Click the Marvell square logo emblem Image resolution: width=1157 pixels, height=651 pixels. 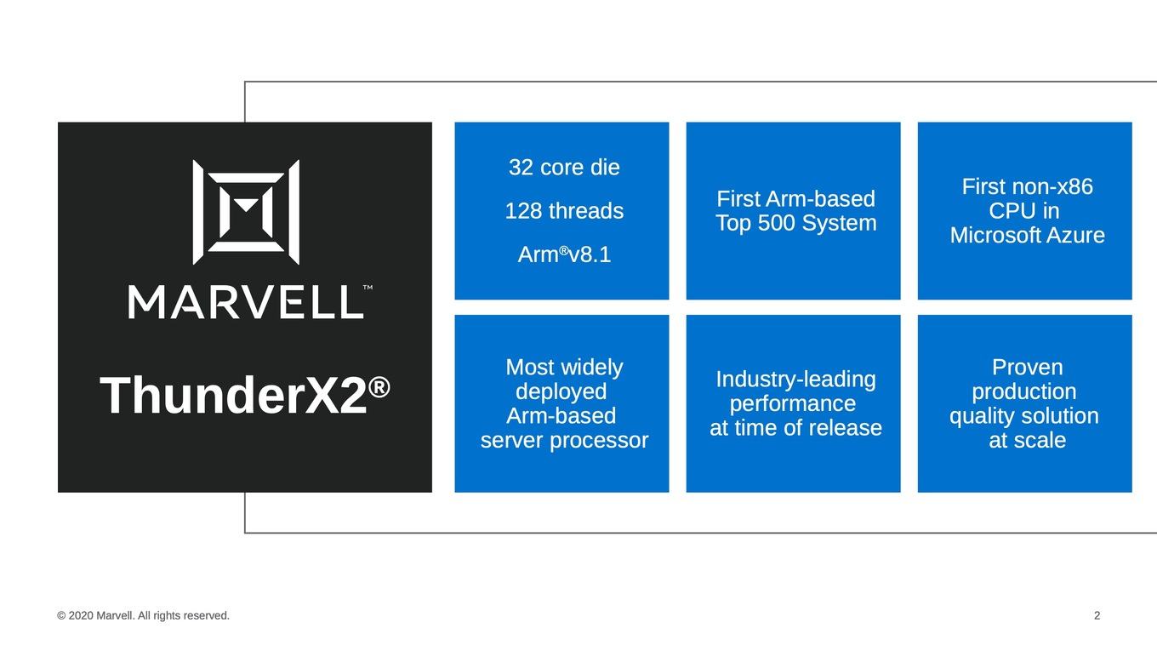coord(246,212)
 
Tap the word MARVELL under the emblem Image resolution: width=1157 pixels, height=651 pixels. coord(246,302)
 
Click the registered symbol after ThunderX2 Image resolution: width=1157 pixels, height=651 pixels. coord(379,387)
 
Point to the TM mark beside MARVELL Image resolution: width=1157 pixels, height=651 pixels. coord(368,288)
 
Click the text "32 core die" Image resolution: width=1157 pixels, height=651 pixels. coord(564,168)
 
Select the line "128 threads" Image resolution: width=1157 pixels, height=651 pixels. coord(564,211)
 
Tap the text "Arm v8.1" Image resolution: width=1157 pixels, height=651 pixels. coord(564,254)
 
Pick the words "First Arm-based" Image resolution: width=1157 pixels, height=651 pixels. coord(796,199)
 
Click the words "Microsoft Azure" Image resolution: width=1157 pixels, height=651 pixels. coord(1028,236)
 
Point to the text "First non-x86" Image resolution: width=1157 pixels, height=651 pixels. coord(1028,186)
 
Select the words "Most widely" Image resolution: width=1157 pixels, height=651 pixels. coord(564,368)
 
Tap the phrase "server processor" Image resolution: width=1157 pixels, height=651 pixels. coord(564,440)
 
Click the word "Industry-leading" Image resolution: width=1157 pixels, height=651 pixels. coord(796,380)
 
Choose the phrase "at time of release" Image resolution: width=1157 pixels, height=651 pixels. coord(796,428)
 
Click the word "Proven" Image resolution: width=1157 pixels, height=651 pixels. coord(1028,368)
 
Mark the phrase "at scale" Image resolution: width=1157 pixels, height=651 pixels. coord(1028,440)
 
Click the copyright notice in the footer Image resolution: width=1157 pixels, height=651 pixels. coord(143,616)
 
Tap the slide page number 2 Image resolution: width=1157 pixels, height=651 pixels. coord(1097,616)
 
